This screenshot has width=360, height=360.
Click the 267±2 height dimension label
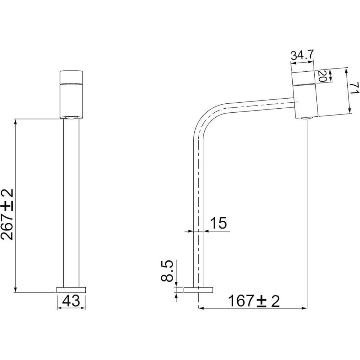(7, 215)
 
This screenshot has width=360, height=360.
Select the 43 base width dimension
(71, 301)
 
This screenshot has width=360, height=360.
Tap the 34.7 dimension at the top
(302, 55)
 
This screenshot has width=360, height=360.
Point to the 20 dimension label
(321, 76)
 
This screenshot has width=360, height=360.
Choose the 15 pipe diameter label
(219, 223)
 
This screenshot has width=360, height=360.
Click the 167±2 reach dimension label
(254, 301)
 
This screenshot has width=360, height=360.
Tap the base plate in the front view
(71, 290)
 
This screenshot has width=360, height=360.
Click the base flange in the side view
(198, 290)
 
